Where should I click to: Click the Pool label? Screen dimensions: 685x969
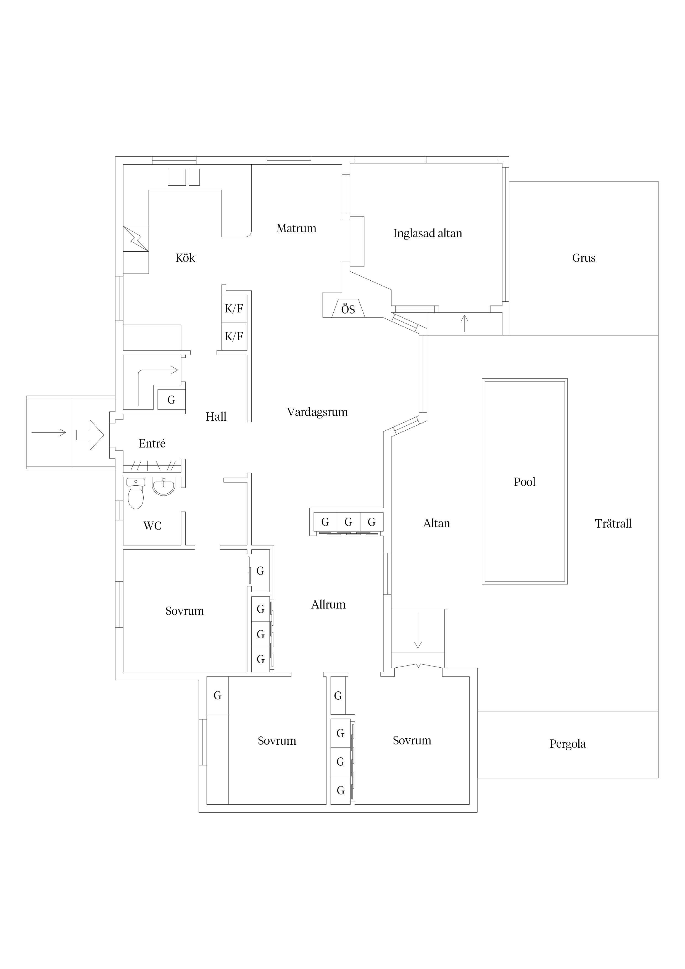pyautogui.click(x=524, y=481)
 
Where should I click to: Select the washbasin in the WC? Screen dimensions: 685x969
pyautogui.click(x=163, y=487)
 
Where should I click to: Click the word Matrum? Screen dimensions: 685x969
pyautogui.click(x=296, y=228)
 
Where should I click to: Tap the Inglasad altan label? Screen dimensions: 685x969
pyautogui.click(x=428, y=233)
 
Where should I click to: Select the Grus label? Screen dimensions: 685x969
pyautogui.click(x=584, y=258)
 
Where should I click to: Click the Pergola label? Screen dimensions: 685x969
pyautogui.click(x=567, y=744)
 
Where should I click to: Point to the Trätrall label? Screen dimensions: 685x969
pyautogui.click(x=613, y=523)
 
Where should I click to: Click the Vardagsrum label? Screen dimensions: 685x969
pyautogui.click(x=317, y=412)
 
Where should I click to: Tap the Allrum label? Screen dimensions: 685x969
pyautogui.click(x=328, y=604)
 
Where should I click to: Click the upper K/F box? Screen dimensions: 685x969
pyautogui.click(x=234, y=309)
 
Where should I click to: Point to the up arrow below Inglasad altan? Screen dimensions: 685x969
pyautogui.click(x=465, y=323)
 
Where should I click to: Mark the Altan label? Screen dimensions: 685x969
pyautogui.click(x=436, y=523)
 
